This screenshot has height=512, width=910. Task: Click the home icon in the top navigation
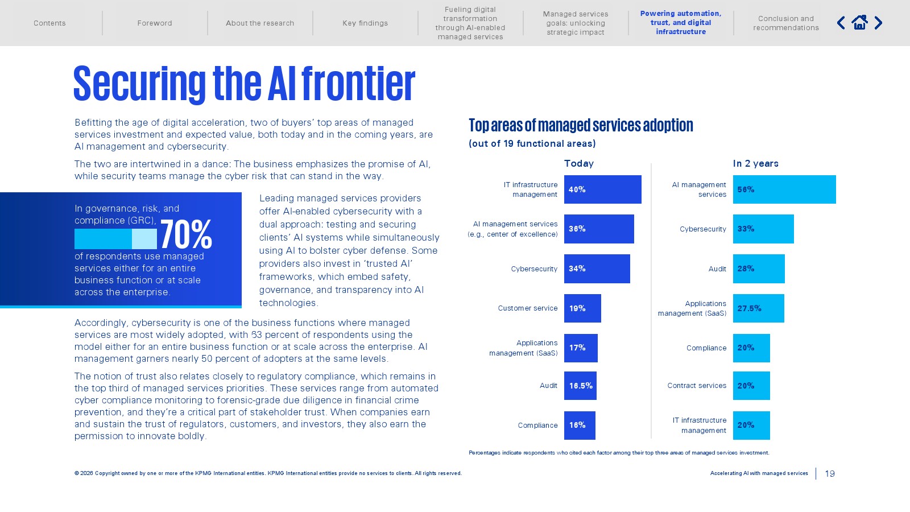coord(859,23)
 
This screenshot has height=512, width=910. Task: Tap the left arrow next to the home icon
coord(841,23)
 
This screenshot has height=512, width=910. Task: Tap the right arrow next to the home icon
coord(878,23)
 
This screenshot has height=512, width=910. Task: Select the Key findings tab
coord(365,23)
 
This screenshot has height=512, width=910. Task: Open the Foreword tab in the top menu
coord(154,23)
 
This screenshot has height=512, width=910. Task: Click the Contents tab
coord(49,23)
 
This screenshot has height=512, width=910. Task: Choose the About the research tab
coord(260,23)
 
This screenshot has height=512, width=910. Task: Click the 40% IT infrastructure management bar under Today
coord(602,189)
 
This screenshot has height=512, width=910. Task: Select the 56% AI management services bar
coord(784,189)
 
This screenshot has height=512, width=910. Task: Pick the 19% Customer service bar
coord(582,308)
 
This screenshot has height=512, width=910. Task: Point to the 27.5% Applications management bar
coord(759,308)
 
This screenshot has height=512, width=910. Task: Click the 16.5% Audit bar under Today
coord(580,386)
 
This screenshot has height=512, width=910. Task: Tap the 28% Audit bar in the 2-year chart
coord(759,269)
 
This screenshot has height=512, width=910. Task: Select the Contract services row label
coord(697,386)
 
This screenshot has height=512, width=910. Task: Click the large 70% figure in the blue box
coord(186,234)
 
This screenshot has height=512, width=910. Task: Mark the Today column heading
coord(579,163)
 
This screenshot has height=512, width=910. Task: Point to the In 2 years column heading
coord(756,163)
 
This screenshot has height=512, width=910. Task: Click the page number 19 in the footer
coord(830,473)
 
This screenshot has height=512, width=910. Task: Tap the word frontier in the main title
coord(358,84)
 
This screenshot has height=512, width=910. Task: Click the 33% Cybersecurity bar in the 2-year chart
coord(763,229)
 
